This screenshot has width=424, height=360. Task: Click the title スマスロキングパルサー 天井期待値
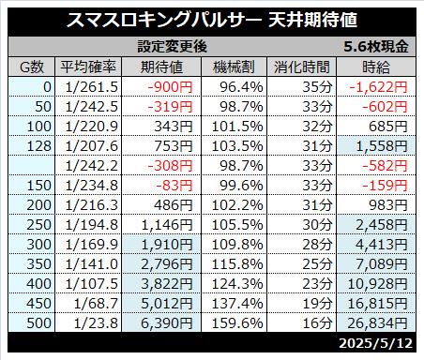[212, 20]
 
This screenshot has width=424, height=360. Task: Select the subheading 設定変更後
[173, 47]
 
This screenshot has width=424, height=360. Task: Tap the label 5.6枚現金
[376, 47]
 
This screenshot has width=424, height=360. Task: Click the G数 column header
[32, 67]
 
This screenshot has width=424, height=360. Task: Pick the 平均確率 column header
[88, 67]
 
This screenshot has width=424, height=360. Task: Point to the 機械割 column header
[234, 67]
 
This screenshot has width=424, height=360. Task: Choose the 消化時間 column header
[302, 67]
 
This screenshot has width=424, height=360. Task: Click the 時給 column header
[376, 67]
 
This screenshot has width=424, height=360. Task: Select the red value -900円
[170, 87]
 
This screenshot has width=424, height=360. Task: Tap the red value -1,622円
[378, 87]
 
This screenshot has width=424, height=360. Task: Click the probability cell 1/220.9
[92, 127]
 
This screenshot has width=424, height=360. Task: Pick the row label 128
[39, 146]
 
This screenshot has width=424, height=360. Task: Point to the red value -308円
[170, 166]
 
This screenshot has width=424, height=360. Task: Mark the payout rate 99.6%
[241, 186]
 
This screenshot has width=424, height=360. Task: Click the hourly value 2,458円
[382, 225]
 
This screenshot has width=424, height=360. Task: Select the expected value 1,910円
[167, 245]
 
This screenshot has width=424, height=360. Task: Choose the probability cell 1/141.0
[92, 264]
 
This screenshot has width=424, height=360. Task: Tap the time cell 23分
[317, 284]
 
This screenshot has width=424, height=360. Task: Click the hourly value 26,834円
[377, 323]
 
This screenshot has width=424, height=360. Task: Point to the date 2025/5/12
[376, 343]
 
